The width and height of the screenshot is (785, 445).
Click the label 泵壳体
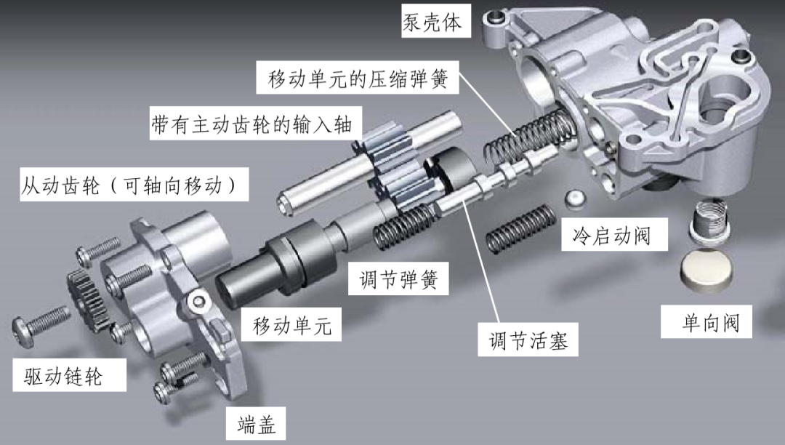[x=432, y=22]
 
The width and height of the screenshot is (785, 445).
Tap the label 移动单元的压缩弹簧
[x=358, y=79]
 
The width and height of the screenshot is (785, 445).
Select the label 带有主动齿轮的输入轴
[x=251, y=124]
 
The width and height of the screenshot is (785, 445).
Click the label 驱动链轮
[x=63, y=376]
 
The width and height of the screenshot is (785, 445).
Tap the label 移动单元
[x=292, y=325]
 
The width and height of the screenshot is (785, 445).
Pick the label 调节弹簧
[x=398, y=278]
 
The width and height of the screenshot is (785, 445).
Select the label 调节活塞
[x=528, y=340]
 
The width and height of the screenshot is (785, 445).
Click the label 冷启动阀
[x=612, y=235]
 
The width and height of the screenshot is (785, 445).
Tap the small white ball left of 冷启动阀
[x=575, y=199]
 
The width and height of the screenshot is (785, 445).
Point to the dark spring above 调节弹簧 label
[x=406, y=228]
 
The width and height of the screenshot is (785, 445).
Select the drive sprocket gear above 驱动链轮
[x=89, y=300]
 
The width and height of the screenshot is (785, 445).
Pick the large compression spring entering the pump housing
[x=528, y=137]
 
